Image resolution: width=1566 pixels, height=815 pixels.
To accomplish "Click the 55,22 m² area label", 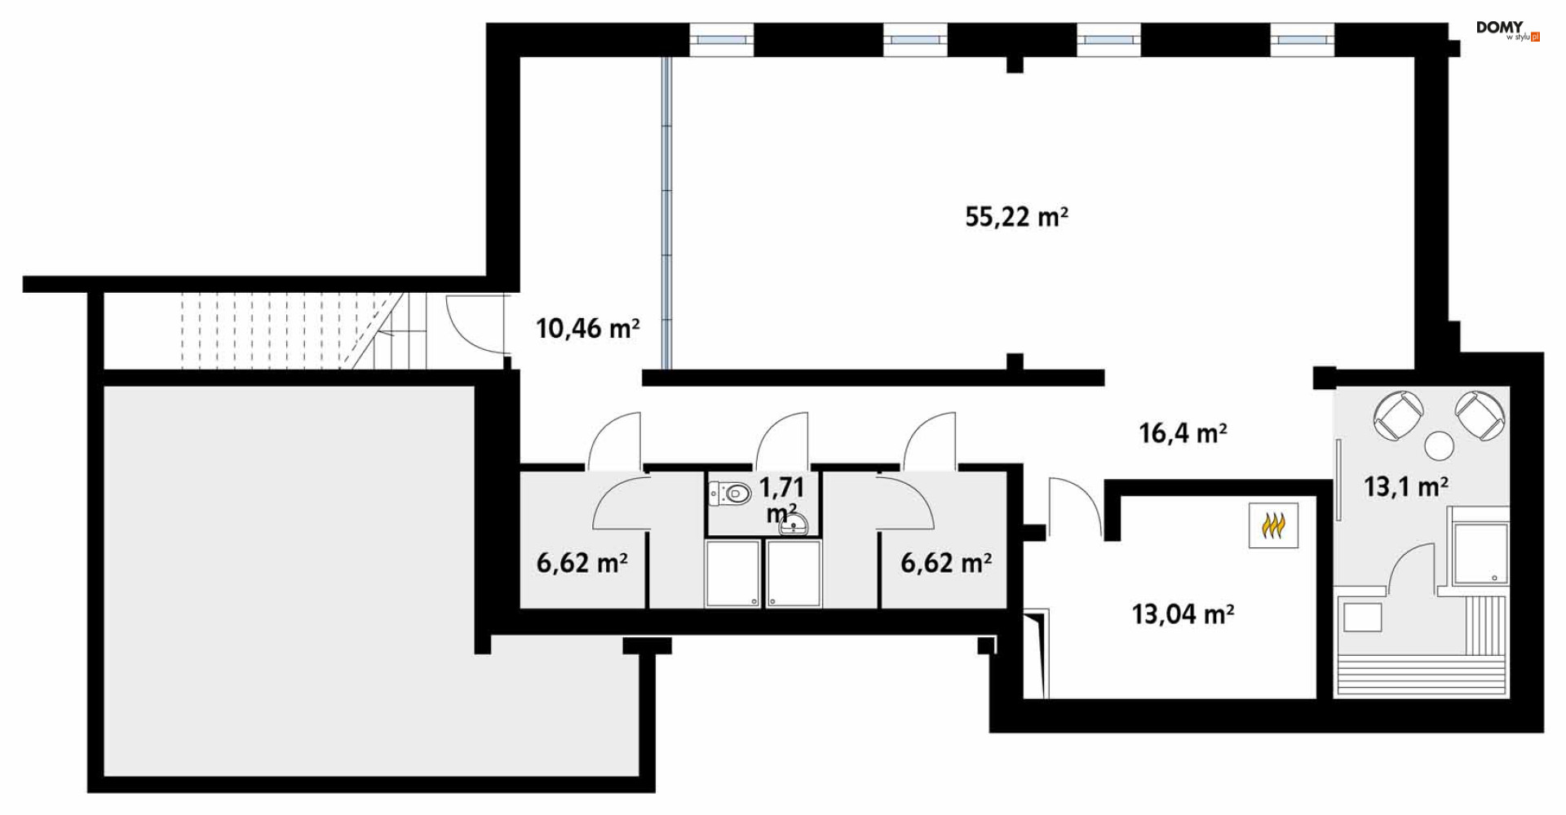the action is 1016,217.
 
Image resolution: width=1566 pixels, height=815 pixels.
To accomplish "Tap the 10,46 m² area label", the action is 587,329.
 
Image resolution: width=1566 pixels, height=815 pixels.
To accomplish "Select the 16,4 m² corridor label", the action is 1183,433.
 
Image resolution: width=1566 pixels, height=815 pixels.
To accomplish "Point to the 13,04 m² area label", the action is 1183,613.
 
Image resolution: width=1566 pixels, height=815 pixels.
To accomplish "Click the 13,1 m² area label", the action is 1406,487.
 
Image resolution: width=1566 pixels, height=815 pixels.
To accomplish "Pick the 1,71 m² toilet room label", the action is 781,499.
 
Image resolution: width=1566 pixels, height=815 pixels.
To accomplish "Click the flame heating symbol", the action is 1273,525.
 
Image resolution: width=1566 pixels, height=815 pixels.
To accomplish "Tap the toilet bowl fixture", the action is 732,493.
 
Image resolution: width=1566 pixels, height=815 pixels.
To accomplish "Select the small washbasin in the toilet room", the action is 793,525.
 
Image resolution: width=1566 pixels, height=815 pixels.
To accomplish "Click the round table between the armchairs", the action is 1440,445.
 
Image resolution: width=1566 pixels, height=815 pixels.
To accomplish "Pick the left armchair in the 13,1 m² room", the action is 1398,415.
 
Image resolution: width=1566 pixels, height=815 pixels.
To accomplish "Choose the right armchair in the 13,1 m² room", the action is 1480,415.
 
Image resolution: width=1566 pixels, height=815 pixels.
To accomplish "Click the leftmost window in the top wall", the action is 721,39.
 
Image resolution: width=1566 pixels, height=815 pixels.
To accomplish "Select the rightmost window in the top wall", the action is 1302,39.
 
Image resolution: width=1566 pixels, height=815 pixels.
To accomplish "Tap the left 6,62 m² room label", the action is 582,563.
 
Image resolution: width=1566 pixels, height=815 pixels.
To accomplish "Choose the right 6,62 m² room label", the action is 946,563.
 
